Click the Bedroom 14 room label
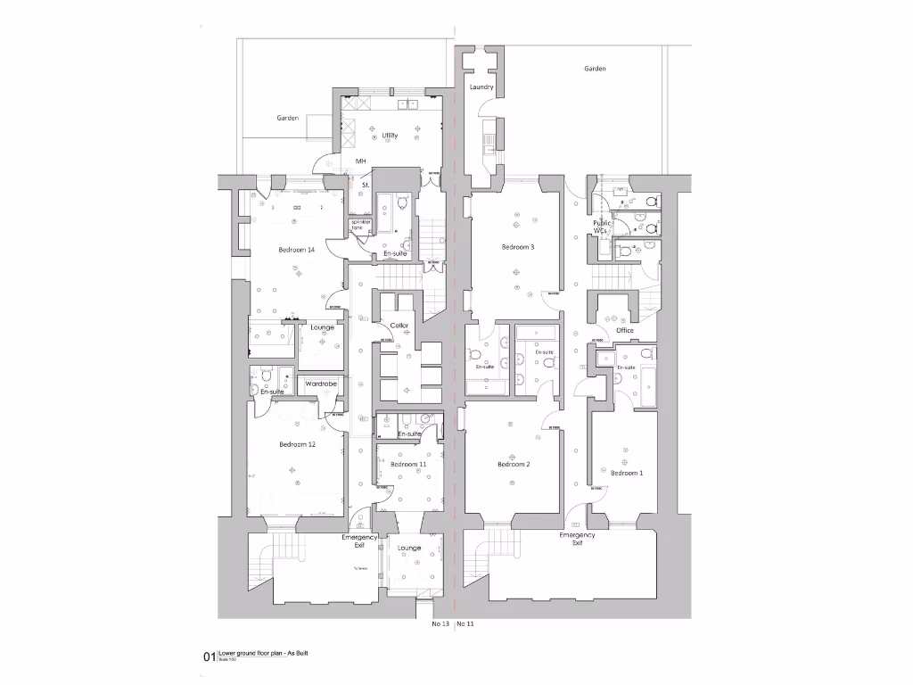297,250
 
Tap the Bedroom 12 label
297,444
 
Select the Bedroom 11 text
408,465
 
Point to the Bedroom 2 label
514,465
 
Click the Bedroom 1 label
625,473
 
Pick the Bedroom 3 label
518,247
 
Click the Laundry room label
481,87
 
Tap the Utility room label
390,136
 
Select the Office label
624,331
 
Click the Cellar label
399,326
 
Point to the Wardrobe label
320,384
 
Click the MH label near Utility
361,161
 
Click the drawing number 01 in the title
210,657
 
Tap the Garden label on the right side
595,69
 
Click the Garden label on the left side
287,118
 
